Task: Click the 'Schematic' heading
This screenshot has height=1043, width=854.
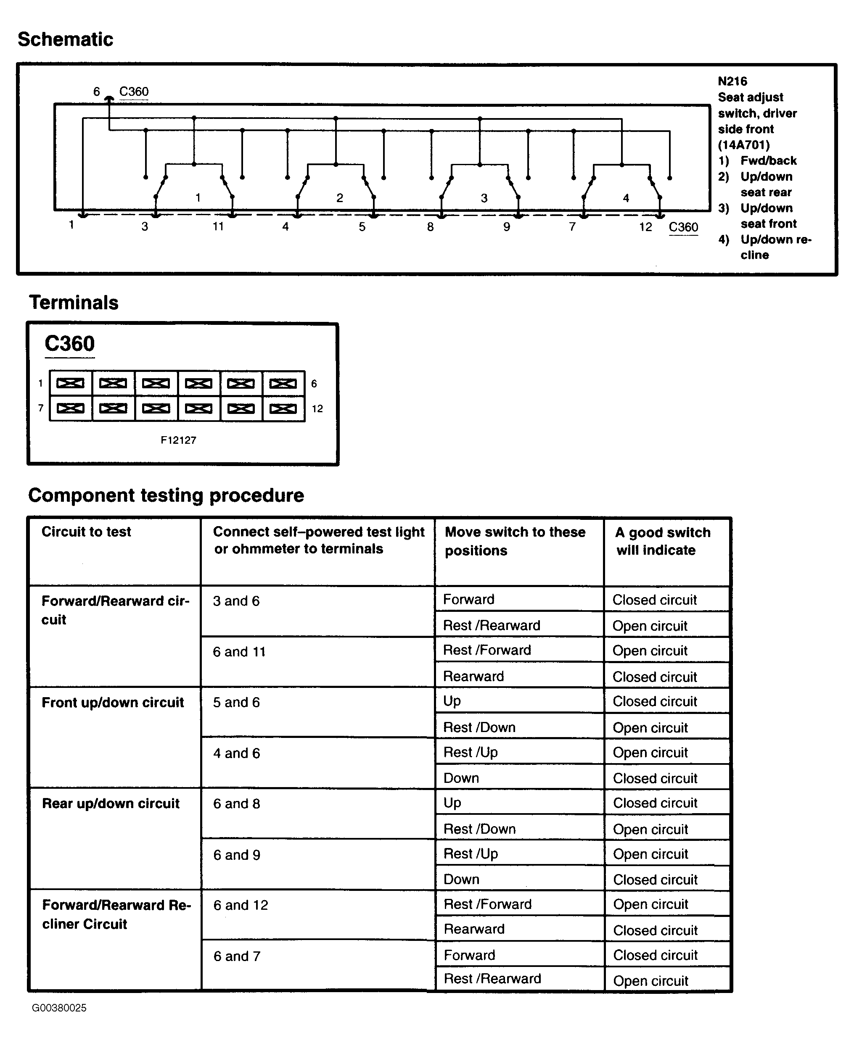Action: tap(66, 40)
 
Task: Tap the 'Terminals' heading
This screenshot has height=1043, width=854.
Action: tap(74, 303)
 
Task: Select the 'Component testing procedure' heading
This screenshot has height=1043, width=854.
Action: tap(166, 495)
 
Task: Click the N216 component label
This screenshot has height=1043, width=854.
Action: tap(732, 82)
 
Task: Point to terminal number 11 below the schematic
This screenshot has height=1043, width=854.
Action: tap(218, 227)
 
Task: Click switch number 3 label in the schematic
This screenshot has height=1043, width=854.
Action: tap(484, 198)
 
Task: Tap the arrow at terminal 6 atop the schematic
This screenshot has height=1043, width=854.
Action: tap(109, 99)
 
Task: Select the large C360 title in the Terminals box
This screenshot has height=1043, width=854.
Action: tap(69, 344)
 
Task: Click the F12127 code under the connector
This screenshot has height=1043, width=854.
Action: tap(178, 440)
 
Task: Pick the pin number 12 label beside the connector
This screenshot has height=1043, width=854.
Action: tap(317, 409)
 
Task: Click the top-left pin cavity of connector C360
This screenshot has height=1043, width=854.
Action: tap(70, 383)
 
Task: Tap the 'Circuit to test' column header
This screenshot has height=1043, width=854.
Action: tap(86, 532)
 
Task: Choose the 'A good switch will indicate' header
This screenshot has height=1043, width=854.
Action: tap(662, 541)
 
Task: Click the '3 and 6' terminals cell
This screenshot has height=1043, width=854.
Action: tap(236, 601)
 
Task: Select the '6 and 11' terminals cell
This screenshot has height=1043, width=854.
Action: tap(239, 652)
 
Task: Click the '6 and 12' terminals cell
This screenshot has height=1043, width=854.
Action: tap(241, 905)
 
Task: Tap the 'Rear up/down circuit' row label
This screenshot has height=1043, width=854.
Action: tap(111, 803)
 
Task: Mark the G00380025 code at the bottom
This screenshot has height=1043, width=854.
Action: tap(59, 1008)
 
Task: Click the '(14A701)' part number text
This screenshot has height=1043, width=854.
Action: tap(743, 145)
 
